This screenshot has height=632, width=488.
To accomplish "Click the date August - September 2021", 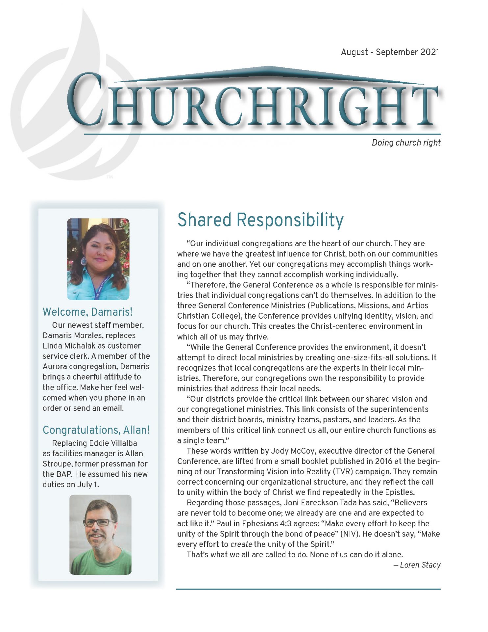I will tap(390, 52).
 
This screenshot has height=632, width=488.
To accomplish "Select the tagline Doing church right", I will tap(406, 143).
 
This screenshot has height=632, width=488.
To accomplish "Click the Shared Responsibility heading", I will tap(260, 220).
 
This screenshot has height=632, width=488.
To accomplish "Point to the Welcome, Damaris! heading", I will tap(87, 311).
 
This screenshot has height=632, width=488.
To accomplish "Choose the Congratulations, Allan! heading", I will tap(96, 430).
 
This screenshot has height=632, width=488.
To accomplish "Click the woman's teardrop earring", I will tap(84, 262).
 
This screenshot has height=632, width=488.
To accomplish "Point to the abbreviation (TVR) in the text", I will tap(343, 472).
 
